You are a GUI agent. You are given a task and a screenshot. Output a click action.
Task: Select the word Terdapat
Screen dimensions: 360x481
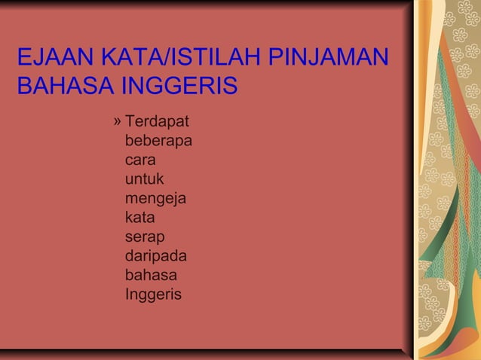[157, 121]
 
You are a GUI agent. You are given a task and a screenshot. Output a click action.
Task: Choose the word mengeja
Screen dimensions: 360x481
[157, 200]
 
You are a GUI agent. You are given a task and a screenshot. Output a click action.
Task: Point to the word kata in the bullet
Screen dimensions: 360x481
[140, 218]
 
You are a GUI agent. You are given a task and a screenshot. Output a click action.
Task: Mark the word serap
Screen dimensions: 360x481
[145, 238]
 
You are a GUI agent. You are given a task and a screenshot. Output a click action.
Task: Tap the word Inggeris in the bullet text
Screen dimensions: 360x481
[154, 294]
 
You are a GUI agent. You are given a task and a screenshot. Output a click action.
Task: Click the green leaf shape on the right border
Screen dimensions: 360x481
[452, 249]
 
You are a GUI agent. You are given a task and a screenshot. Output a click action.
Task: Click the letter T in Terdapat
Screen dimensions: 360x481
[130, 121]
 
